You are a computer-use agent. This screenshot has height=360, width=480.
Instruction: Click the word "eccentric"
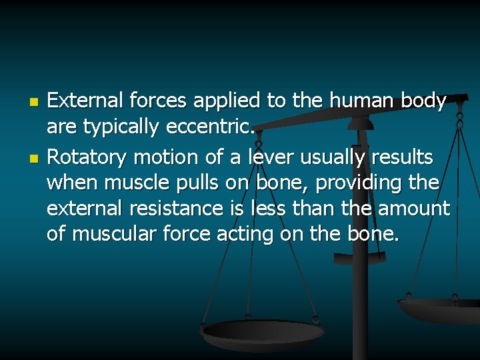tap(214, 126)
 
